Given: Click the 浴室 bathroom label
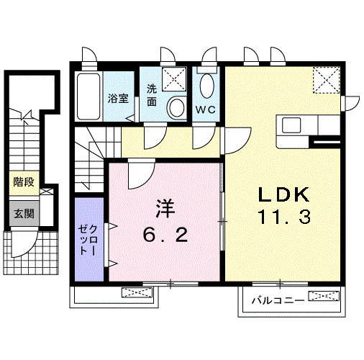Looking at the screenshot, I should point(119,99).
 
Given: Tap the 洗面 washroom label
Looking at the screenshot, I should point(153,95).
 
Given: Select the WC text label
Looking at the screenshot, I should point(206,109).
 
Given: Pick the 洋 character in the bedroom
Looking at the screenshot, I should point(164,208).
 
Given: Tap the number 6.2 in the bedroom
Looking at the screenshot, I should point(164,234).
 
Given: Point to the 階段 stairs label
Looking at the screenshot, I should point(23,183).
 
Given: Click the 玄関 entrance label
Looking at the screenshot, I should point(23,213).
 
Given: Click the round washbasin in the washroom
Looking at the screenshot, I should point(176,107).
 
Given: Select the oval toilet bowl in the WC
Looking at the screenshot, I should point(208,87).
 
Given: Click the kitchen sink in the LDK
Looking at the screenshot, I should point(294,125).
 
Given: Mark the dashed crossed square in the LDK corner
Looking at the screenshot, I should point(327,79).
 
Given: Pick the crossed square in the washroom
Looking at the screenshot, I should point(175,78).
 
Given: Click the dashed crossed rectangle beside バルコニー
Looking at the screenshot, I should point(323,297).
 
